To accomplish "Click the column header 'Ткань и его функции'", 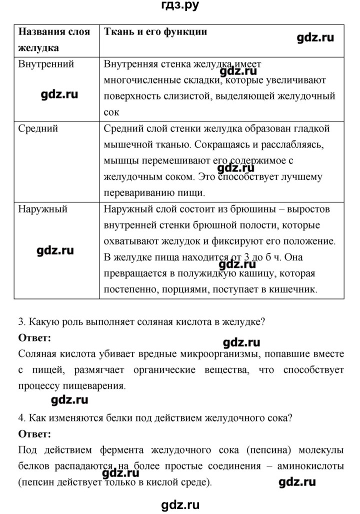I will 155,31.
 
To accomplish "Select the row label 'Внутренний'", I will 46,64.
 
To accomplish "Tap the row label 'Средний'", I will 38,128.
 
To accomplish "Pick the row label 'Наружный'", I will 42,209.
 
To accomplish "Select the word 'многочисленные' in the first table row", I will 137,80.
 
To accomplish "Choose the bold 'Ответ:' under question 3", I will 34,338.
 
